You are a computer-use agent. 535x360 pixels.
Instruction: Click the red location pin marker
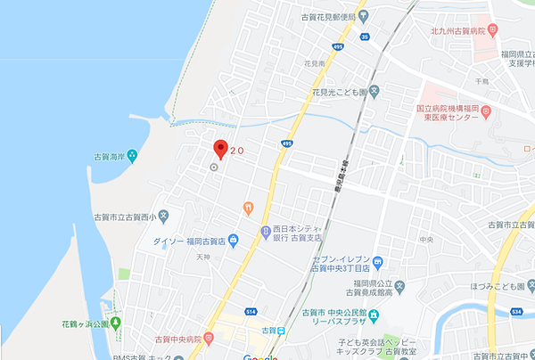pyautogui.click(x=220, y=147)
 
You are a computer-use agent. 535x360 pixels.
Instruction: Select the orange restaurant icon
pyautogui.click(x=248, y=208)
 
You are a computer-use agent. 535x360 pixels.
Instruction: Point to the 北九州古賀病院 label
pyautogui.click(x=457, y=31)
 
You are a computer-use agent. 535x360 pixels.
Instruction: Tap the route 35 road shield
pyautogui.click(x=365, y=37)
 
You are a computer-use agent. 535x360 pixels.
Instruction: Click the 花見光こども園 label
pyautogui.click(x=339, y=90)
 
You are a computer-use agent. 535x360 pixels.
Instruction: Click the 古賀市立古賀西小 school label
pyautogui.click(x=128, y=217)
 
